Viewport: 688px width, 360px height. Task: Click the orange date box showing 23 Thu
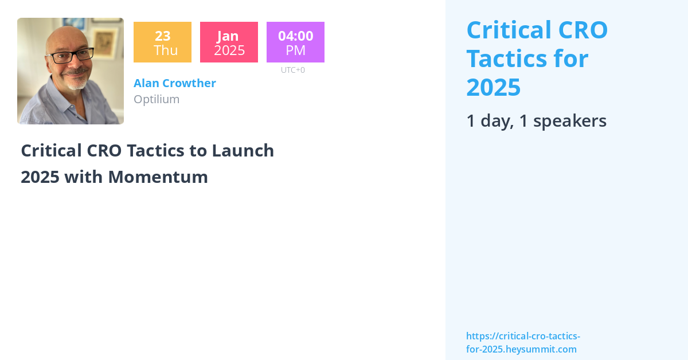(x=162, y=42)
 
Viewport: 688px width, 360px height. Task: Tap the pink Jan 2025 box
(x=229, y=42)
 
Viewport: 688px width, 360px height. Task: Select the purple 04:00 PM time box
(x=295, y=42)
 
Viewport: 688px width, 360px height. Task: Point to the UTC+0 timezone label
(x=292, y=70)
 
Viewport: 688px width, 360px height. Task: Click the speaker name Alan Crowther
(x=174, y=83)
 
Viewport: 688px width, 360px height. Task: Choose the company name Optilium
(x=157, y=99)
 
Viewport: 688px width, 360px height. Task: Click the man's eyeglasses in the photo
(x=70, y=56)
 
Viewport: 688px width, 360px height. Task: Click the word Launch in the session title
(x=243, y=151)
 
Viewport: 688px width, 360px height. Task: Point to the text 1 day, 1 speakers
(x=536, y=121)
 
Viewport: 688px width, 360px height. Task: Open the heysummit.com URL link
(x=522, y=343)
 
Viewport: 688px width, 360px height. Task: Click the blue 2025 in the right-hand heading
(x=493, y=87)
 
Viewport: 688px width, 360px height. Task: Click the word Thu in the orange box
(x=166, y=50)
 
